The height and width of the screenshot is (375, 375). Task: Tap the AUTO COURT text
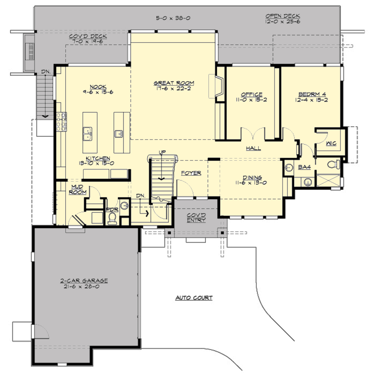pos(194,298)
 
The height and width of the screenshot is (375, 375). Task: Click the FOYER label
pos(191,173)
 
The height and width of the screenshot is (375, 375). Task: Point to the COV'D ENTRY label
pos(196,217)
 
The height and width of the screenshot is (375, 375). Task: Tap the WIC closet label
pos(331,143)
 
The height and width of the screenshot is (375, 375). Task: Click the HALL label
pos(253,148)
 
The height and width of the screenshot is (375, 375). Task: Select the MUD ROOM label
pos(77,189)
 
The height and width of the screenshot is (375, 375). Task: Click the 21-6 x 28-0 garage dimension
pos(82,287)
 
